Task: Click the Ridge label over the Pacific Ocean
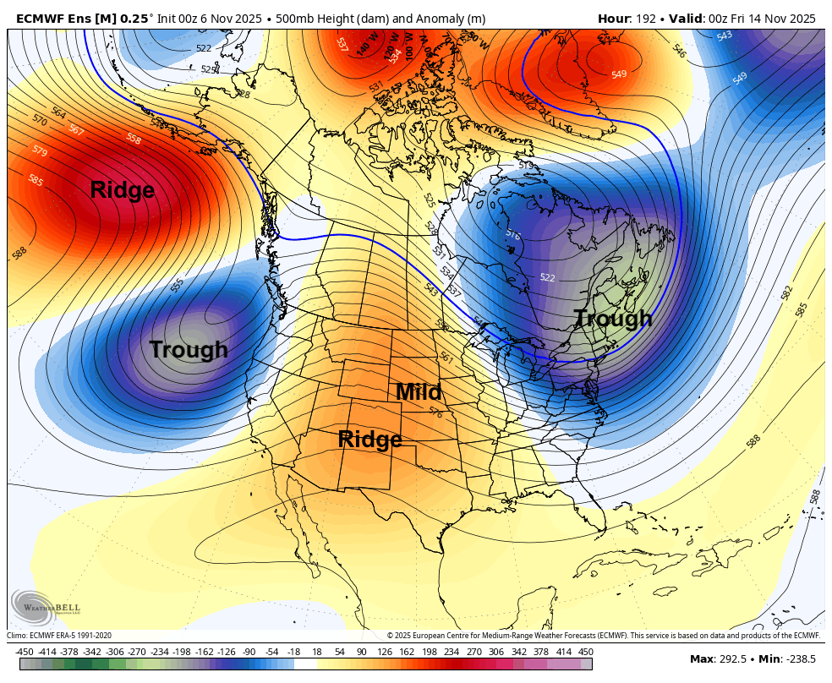123,190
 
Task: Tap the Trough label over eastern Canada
613,319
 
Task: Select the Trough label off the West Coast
189,349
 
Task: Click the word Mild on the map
419,392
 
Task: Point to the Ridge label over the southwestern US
369,440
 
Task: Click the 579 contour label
40,151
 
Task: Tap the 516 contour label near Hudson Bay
512,234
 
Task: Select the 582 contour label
787,292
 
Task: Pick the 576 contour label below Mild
436,413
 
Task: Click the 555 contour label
178,285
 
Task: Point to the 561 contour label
446,358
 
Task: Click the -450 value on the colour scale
24,652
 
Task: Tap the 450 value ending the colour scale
585,652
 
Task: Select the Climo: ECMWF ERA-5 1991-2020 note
59,636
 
